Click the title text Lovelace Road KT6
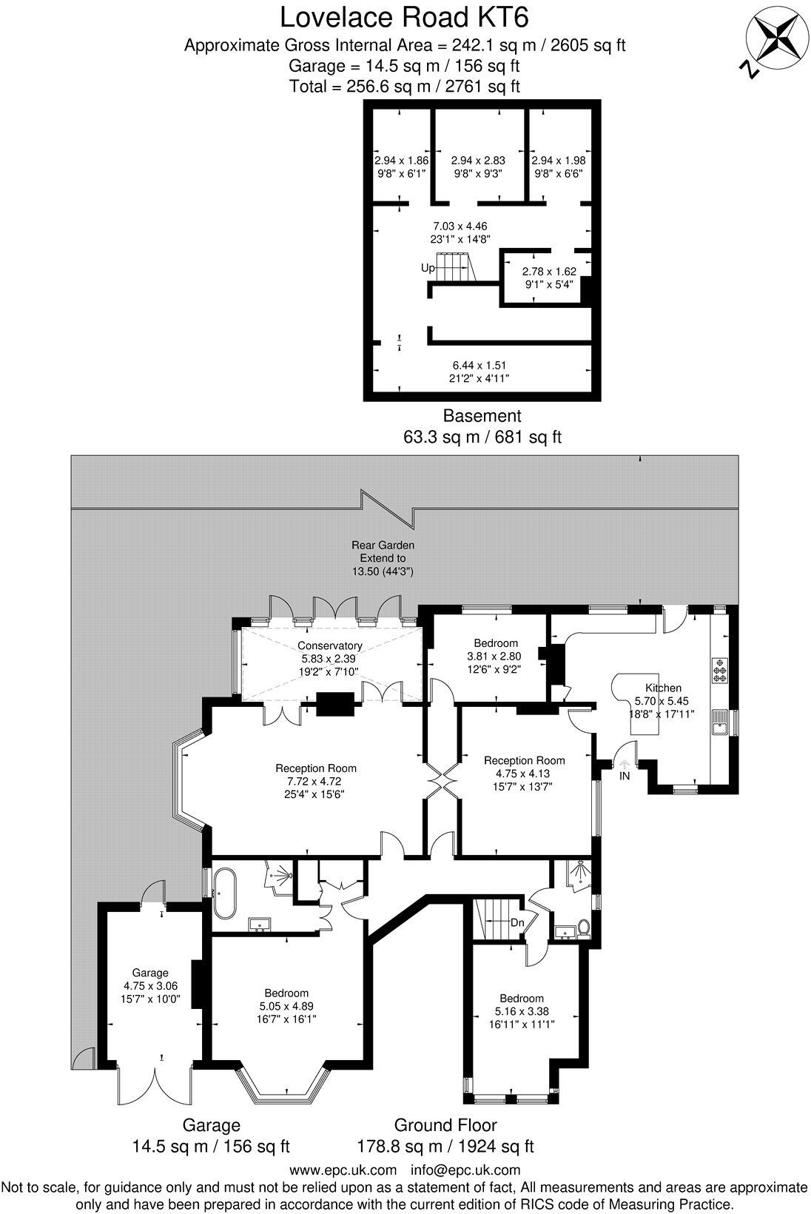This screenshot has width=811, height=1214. [405, 16]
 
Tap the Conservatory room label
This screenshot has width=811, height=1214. [329, 645]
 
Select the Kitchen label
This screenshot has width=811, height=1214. [663, 688]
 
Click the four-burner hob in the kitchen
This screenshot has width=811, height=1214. [719, 670]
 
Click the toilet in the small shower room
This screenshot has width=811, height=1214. [583, 928]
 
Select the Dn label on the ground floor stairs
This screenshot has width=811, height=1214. [518, 923]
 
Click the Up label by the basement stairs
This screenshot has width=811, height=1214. [427, 268]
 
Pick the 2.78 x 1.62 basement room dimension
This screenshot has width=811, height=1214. [548, 271]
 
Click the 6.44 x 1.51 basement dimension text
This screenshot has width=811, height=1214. [479, 365]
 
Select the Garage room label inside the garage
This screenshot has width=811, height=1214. [150, 973]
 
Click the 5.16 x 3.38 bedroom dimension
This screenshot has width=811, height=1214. [521, 1011]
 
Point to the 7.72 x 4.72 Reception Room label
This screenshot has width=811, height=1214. [316, 780]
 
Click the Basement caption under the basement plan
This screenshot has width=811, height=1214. [482, 415]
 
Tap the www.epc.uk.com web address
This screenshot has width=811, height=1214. [343, 1170]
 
